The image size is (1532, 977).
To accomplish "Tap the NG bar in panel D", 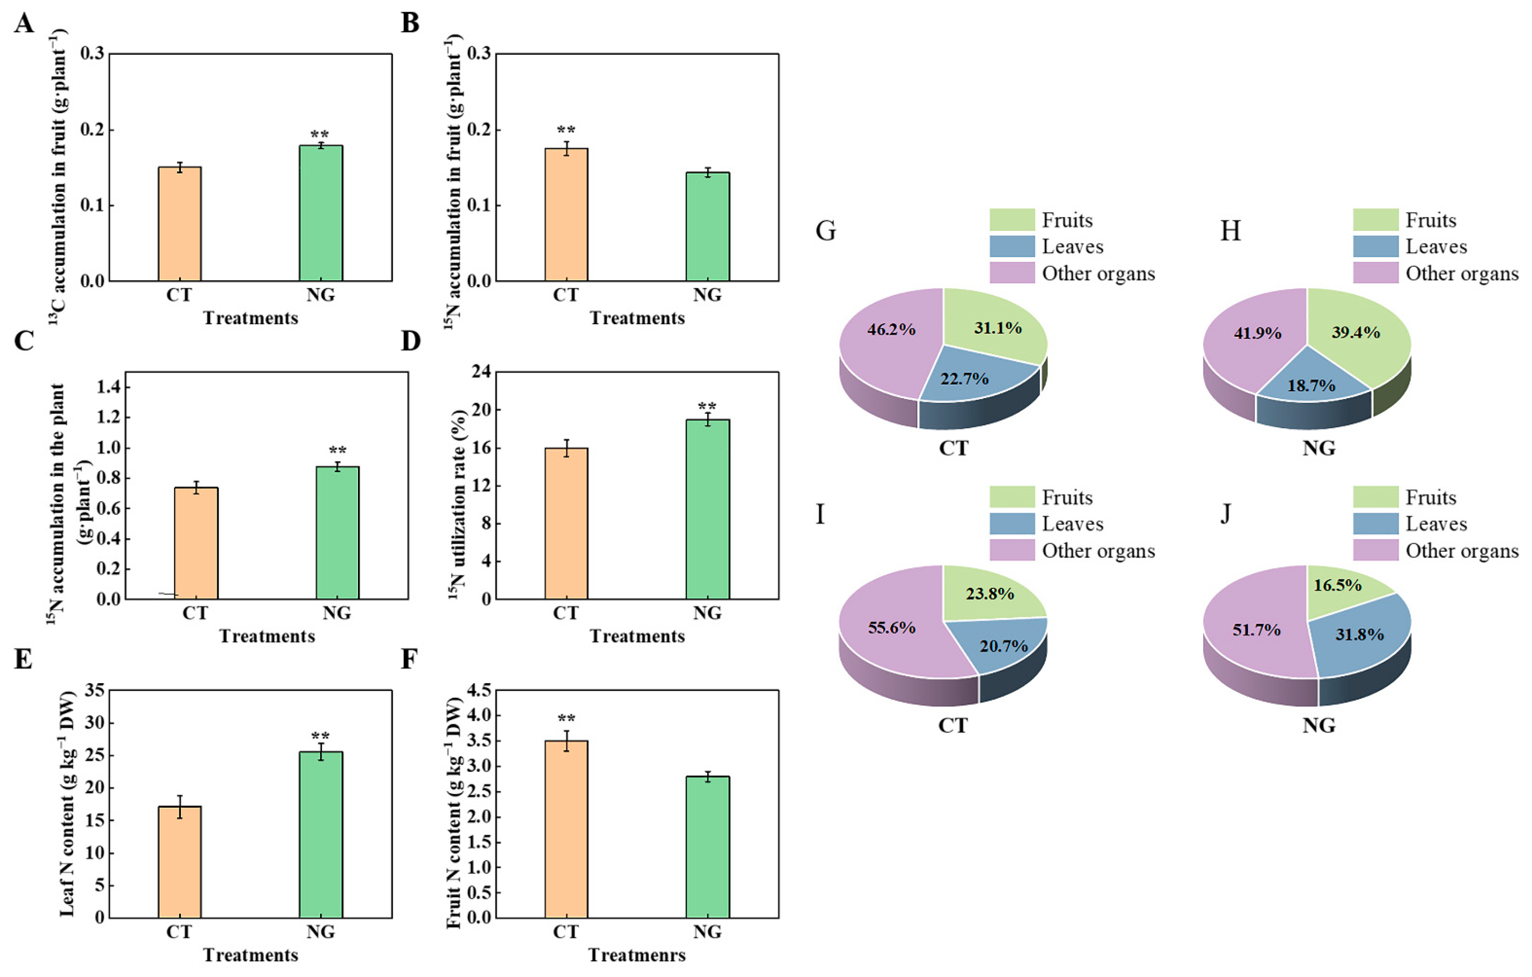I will (x=708, y=509).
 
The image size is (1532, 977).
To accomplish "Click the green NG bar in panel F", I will (x=708, y=847).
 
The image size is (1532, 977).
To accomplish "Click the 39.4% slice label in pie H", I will (x=1356, y=332).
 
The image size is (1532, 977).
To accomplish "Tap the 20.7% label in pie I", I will (x=1003, y=646).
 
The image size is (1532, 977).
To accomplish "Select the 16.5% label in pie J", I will (x=1337, y=585).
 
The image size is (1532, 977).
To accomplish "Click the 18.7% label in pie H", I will (x=1311, y=386).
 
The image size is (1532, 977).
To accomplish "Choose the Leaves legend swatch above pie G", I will (x=1011, y=246).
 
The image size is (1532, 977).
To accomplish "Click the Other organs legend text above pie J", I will (x=1461, y=550).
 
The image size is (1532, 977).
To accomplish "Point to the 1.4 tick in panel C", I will (x=109, y=387).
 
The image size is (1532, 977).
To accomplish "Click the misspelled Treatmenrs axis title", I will (x=637, y=955).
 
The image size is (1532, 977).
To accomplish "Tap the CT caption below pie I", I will (x=953, y=725).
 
